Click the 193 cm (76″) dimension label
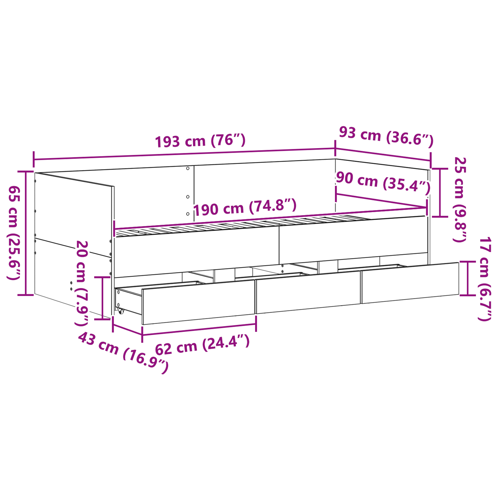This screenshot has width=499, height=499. (200, 141)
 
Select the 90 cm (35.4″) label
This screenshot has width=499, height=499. (383, 182)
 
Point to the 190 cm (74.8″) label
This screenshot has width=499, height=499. (245, 208)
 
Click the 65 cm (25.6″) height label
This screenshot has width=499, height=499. (15, 233)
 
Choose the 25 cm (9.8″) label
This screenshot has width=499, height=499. (460, 199)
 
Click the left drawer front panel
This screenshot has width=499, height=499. (198, 302)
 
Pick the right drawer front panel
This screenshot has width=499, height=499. (410, 283)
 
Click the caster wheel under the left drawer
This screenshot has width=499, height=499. (121, 311)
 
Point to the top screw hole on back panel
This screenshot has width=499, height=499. (188, 169)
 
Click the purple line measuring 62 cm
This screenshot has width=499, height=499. (199, 329)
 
